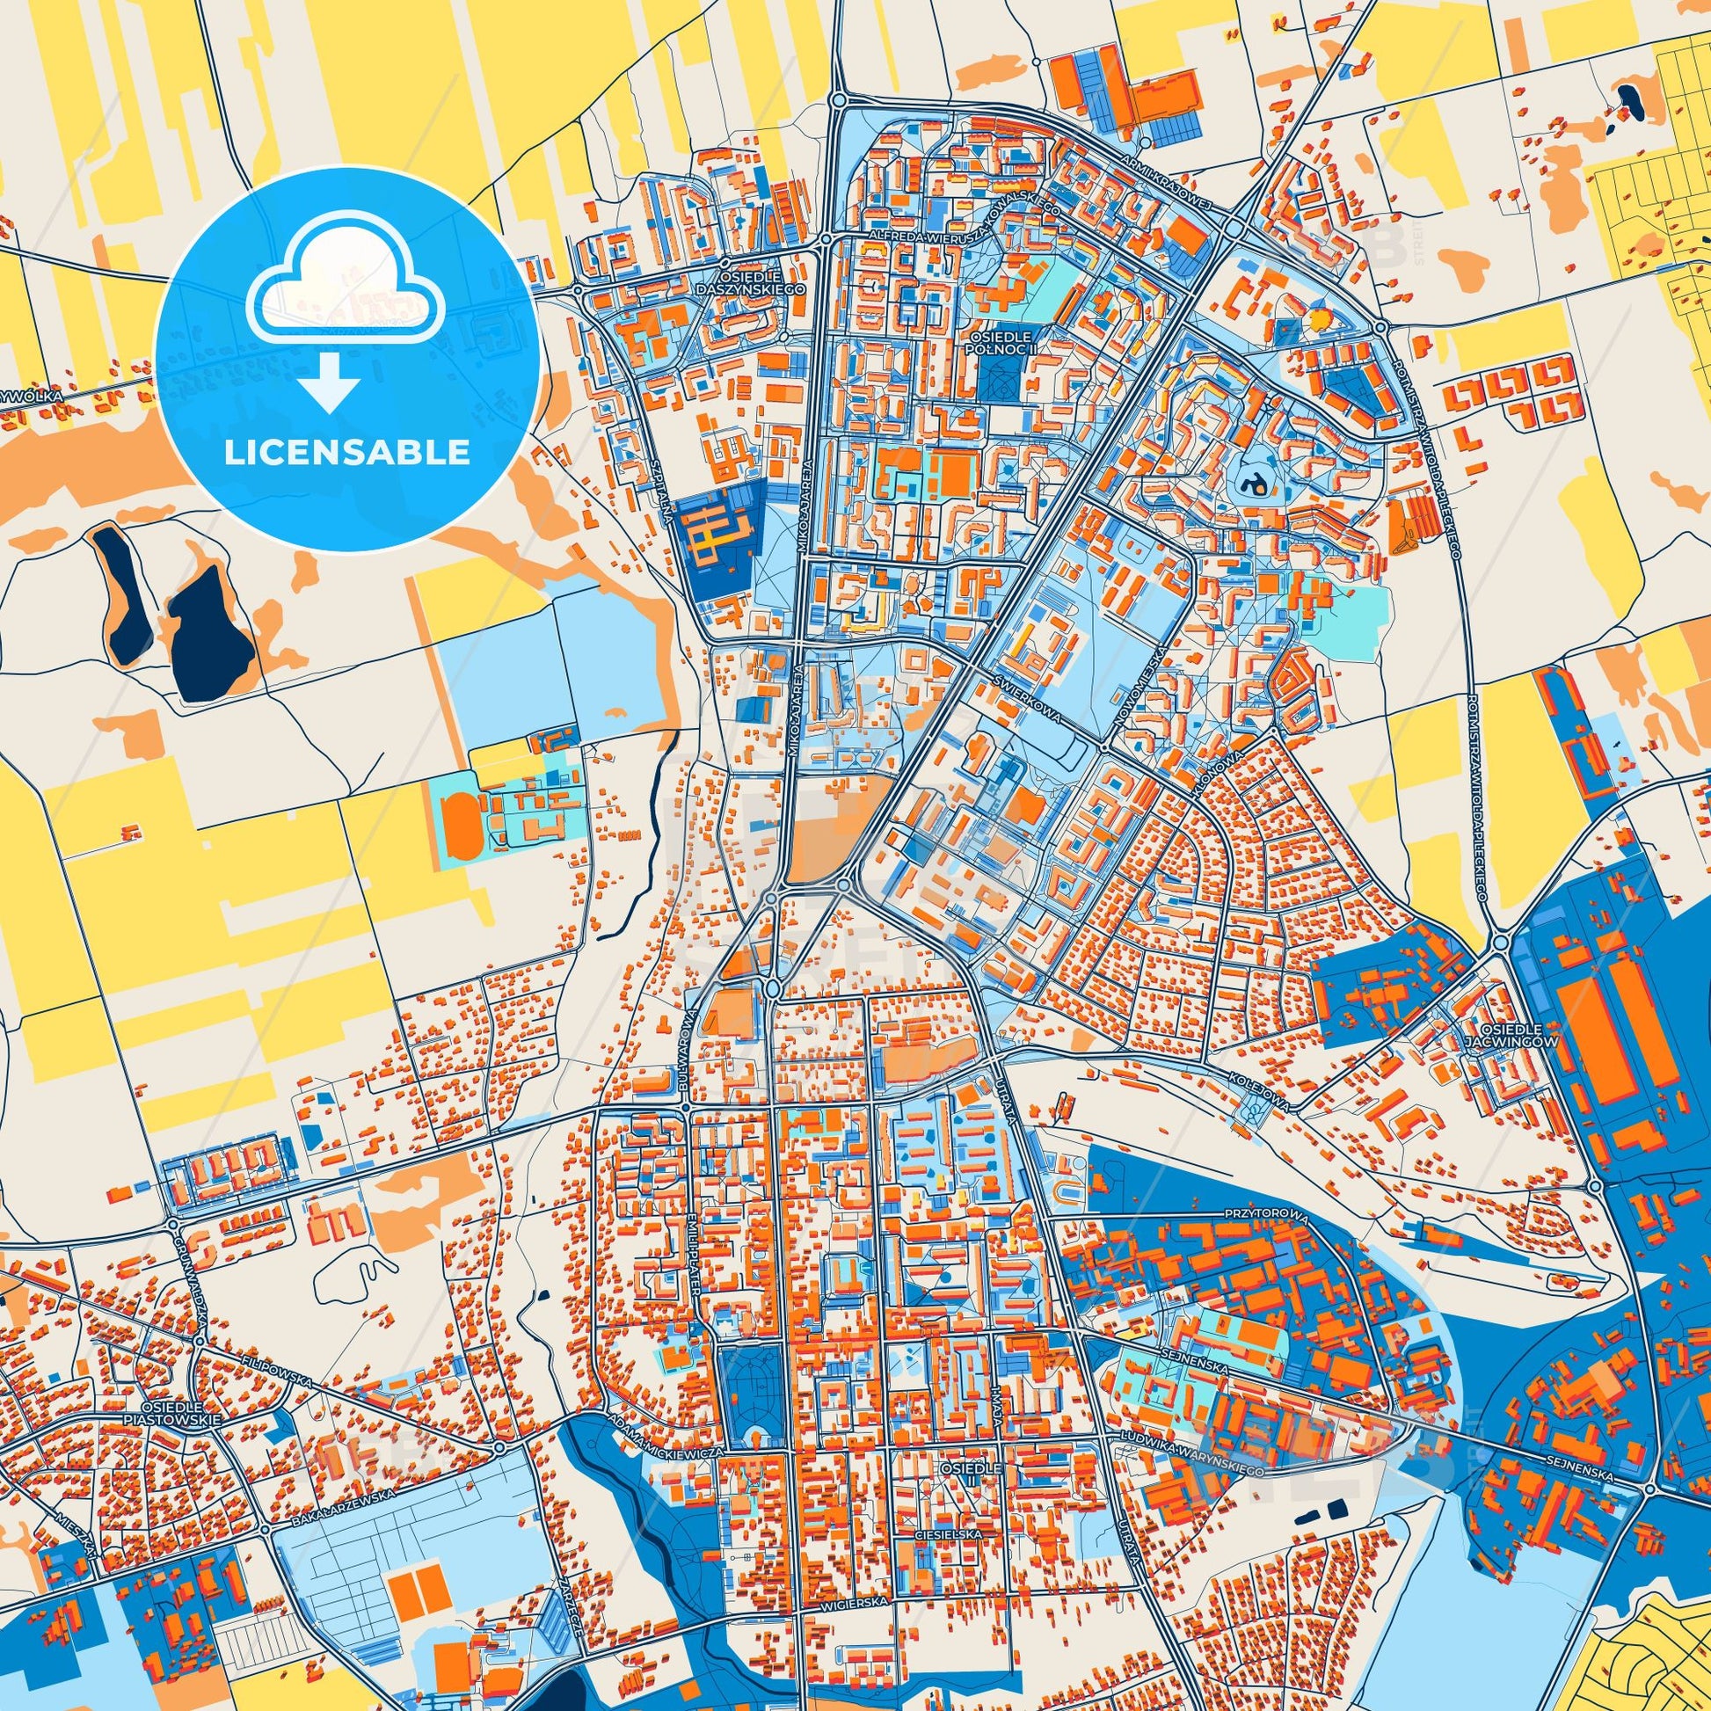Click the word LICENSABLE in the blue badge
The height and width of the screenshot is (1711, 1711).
[346, 453]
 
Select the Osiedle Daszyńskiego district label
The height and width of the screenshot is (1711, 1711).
[761, 282]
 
